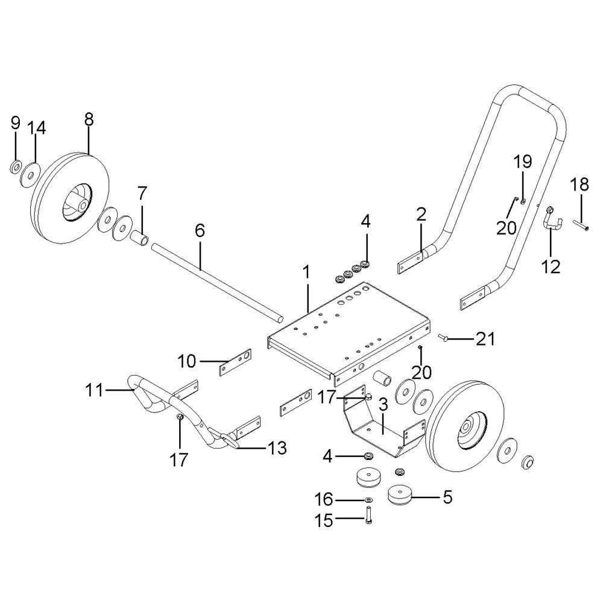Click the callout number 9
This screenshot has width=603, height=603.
pyautogui.click(x=16, y=123)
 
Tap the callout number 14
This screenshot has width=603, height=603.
pyautogui.click(x=37, y=128)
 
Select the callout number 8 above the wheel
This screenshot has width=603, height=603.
pyautogui.click(x=89, y=119)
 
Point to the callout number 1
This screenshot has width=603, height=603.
pyautogui.click(x=306, y=273)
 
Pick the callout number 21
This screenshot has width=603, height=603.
pyautogui.click(x=485, y=339)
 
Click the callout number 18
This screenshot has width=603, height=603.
pyautogui.click(x=579, y=185)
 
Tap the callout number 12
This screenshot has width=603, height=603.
pyautogui.click(x=551, y=266)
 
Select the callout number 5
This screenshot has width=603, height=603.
pyautogui.click(x=447, y=497)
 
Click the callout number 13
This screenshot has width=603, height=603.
pyautogui.click(x=277, y=447)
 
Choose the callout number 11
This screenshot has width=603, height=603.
pyautogui.click(x=94, y=390)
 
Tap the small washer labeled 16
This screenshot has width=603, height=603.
pyautogui.click(x=368, y=500)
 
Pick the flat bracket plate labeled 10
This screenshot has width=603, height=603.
pyautogui.click(x=235, y=362)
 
